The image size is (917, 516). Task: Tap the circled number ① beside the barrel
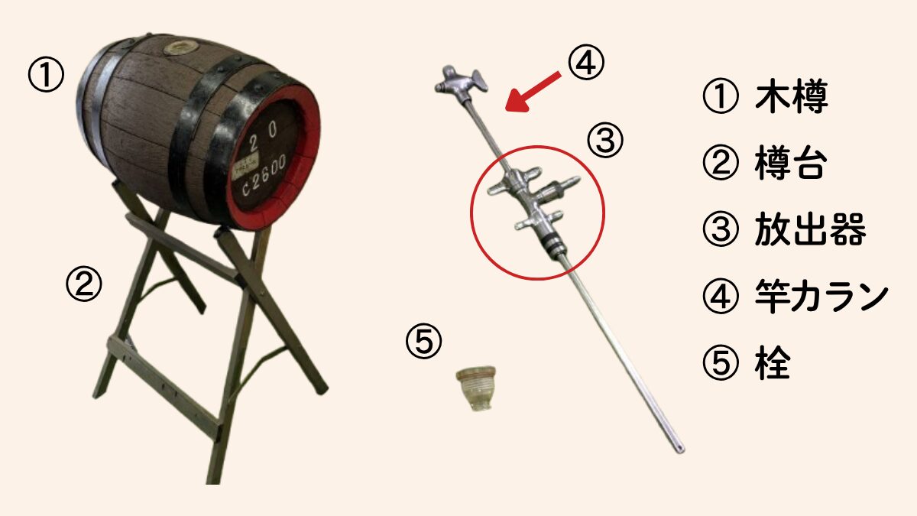click(45, 77)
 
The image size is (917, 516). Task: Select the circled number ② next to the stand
click(84, 285)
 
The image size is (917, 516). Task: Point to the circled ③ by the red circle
click(606, 141)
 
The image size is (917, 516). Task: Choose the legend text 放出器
click(810, 229)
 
